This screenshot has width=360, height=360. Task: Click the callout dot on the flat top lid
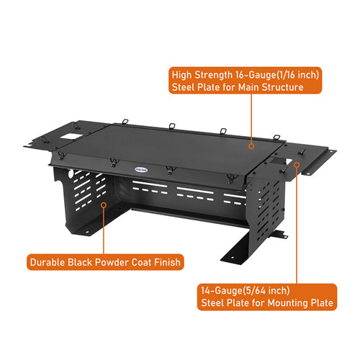click(251, 145)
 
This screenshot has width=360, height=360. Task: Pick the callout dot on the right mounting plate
click(297, 164)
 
